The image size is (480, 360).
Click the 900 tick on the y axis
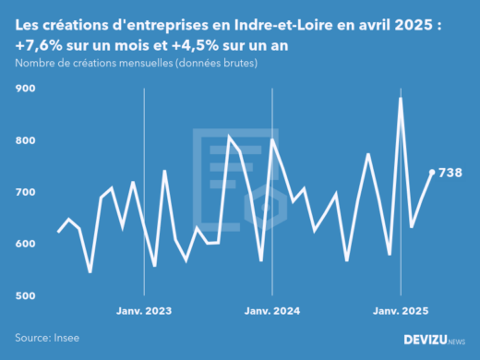[25, 89]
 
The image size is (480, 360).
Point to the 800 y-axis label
[25, 140]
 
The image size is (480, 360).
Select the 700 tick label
[25, 192]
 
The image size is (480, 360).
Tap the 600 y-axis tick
[25, 244]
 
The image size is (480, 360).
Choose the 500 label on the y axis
[25, 295]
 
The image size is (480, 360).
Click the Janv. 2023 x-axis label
[144, 310]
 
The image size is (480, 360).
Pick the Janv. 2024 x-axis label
[272, 310]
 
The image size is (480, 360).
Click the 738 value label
[450, 173]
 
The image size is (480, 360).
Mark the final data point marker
[432, 172]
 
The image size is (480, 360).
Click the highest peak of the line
[401, 98]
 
